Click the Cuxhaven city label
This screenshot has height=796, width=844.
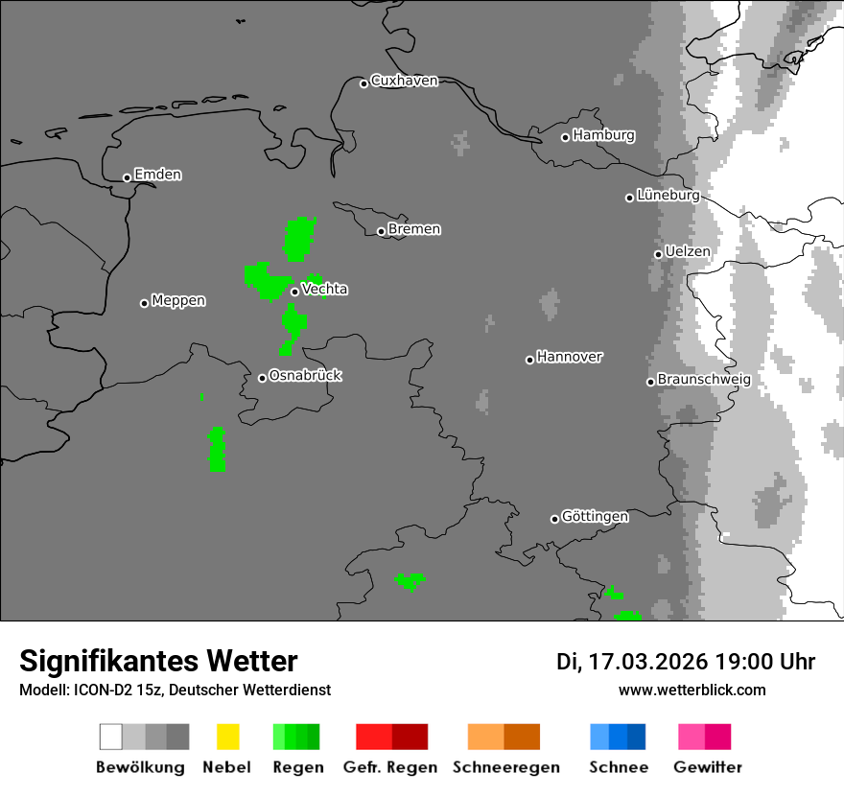404,81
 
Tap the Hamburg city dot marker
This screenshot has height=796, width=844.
566,137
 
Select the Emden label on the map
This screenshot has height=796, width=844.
157,175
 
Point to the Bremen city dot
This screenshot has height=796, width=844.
381,231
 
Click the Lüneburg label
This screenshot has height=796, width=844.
668,195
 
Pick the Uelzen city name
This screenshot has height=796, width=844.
688,251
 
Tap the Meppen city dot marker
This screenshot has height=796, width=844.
145,303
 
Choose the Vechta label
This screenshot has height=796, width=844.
324,289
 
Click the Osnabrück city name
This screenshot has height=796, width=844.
305,375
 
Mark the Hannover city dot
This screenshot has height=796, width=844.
529,360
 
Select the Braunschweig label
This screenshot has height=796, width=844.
704,379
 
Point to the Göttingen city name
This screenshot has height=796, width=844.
595,516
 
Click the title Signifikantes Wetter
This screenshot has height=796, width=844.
158,661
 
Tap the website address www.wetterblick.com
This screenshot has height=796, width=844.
692,690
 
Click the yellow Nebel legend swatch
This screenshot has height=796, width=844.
227,737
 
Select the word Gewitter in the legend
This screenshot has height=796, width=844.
707,767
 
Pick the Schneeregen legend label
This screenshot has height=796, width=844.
505,767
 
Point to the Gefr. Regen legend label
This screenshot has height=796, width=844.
389,767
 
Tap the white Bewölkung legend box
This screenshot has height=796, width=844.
110,737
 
